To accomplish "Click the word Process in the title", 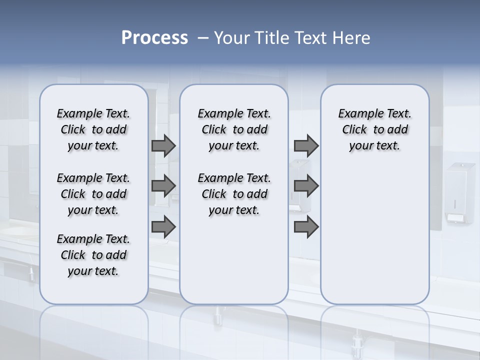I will click(154, 38).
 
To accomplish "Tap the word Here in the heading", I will click(350, 38).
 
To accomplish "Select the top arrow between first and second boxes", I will click(163, 145).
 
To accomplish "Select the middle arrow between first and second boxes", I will click(163, 186).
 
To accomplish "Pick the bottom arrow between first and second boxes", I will click(163, 227).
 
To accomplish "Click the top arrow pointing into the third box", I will click(306, 145).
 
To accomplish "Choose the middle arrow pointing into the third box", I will click(306, 186).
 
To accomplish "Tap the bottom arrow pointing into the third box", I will click(306, 227).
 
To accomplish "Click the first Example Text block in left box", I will click(93, 129).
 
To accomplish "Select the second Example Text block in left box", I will click(93, 194).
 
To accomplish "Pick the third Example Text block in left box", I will click(93, 255).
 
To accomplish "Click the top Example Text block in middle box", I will click(234, 129).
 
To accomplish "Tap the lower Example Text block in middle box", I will click(234, 194).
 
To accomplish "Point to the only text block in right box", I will click(374, 129).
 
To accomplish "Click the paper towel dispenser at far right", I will click(460, 192).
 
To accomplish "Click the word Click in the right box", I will click(354, 130).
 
